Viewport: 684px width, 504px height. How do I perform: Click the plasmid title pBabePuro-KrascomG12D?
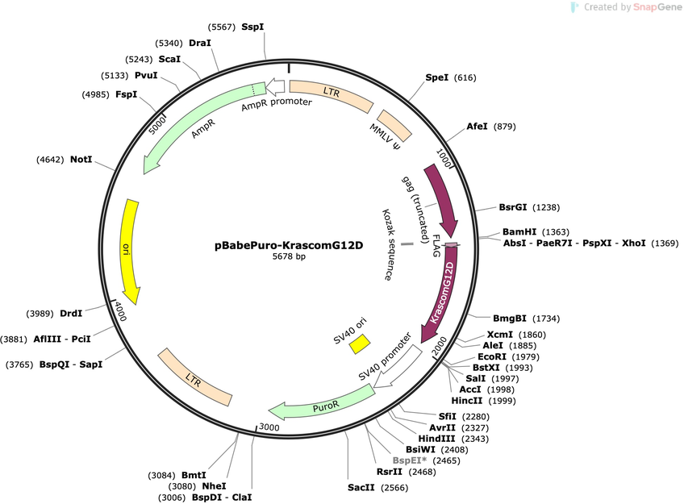pyautogui.click(x=288, y=245)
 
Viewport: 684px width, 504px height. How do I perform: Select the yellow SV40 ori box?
pyautogui.click(x=360, y=344)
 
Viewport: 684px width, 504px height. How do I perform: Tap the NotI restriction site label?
pyautogui.click(x=81, y=160)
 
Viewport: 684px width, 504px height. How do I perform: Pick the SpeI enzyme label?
pyautogui.click(x=436, y=77)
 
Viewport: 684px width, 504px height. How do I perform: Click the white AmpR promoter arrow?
pyautogui.click(x=276, y=87)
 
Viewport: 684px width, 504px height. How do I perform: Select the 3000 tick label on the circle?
pyautogui.click(x=269, y=427)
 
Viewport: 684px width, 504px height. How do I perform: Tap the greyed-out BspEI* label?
pyautogui.click(x=410, y=460)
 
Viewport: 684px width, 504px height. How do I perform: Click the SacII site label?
pyautogui.click(x=361, y=487)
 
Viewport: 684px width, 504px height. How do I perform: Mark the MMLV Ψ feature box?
pyautogui.click(x=394, y=126)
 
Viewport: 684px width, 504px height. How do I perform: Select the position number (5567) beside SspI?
pyautogui.click(x=222, y=27)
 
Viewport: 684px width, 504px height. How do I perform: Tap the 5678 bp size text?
pyautogui.click(x=289, y=256)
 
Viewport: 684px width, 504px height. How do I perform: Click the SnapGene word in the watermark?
pyautogui.click(x=657, y=7)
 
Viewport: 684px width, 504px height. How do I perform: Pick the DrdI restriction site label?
pyautogui.click(x=71, y=314)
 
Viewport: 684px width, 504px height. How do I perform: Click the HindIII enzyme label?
pyautogui.click(x=436, y=439)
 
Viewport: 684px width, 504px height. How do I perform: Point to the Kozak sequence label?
pyautogui.click(x=387, y=244)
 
